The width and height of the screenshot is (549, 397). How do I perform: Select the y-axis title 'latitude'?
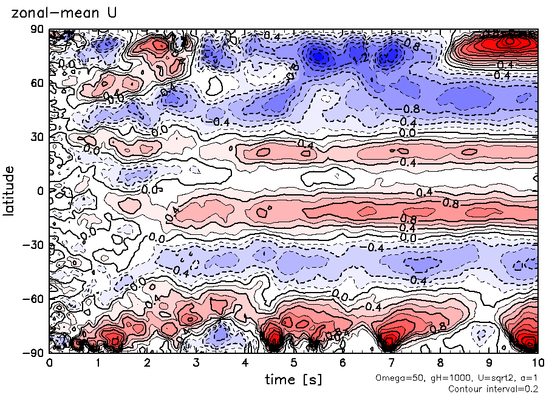pyautogui.click(x=9, y=191)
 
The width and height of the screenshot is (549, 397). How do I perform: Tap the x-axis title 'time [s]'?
pyautogui.click(x=293, y=379)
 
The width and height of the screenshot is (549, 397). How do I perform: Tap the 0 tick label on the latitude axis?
pyautogui.click(x=41, y=191)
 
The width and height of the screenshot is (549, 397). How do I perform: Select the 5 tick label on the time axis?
pyautogui.click(x=293, y=363)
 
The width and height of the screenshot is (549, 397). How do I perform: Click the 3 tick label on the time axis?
pyautogui.click(x=196, y=363)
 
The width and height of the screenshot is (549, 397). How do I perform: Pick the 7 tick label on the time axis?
pyautogui.click(x=391, y=363)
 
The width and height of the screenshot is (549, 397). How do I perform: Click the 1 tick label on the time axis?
pyautogui.click(x=98, y=363)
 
